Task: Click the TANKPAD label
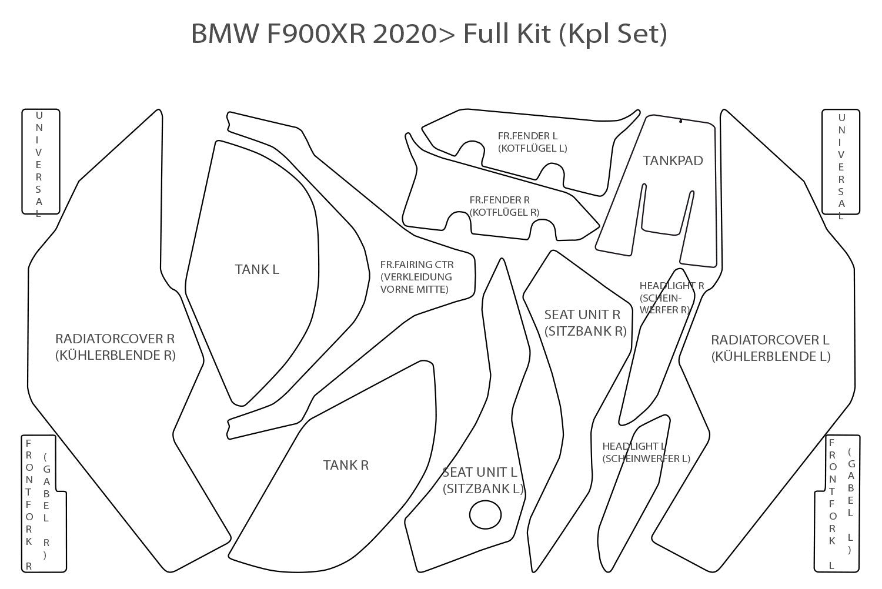coord(673,160)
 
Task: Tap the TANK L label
coord(257,269)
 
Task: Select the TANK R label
coord(346,465)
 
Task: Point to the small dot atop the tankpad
coord(680,122)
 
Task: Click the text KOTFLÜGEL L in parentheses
coord(532,148)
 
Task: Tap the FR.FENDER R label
coord(499,200)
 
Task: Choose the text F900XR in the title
coord(317,34)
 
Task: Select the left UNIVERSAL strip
coord(41,161)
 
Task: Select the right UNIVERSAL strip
coord(840,161)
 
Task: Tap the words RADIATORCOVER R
coord(115,339)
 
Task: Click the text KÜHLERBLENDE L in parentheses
coord(770,356)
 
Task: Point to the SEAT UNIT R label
coord(582,314)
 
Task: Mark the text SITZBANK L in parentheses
coord(483,488)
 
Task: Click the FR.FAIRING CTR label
coord(417,265)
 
